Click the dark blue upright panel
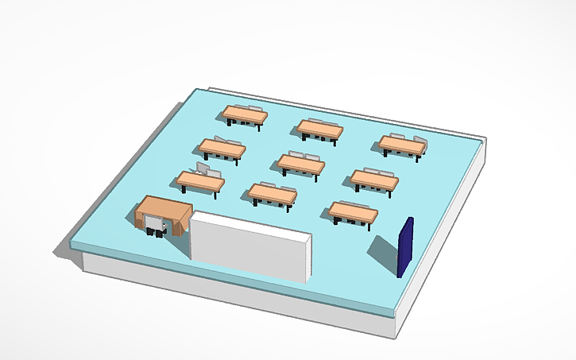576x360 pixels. click(405, 247)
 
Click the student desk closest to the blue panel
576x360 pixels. click(354, 211)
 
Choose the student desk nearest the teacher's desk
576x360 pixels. click(200, 182)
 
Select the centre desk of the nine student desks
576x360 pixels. click(300, 164)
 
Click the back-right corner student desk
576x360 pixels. click(401, 145)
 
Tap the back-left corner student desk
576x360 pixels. click(245, 115)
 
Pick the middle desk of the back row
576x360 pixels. click(320, 128)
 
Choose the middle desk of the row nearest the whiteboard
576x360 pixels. click(272, 192)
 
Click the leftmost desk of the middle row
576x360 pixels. click(222, 148)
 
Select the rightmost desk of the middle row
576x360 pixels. click(374, 180)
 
